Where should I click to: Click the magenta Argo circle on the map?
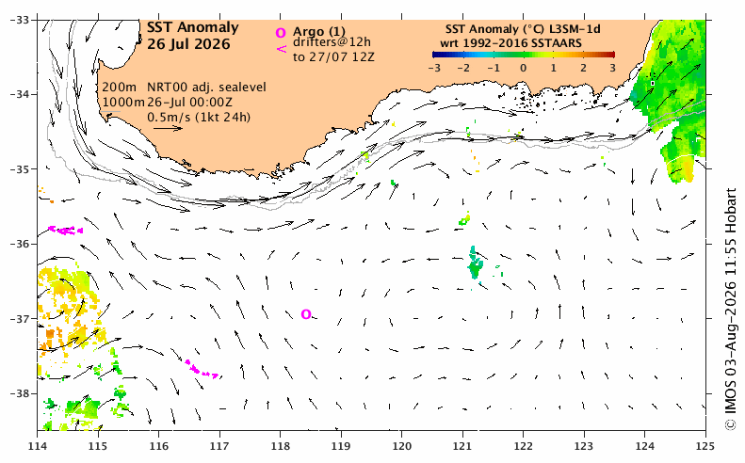[x=306, y=314]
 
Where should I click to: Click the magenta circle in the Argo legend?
[x=281, y=33]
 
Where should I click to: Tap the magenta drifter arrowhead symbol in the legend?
[x=282, y=48]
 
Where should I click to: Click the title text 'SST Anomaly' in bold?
[x=192, y=28]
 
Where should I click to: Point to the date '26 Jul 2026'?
[x=188, y=44]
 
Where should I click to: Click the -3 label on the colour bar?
[x=434, y=68]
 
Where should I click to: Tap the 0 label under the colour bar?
[x=523, y=68]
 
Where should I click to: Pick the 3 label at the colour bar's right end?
[x=612, y=68]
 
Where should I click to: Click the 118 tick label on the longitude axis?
[x=281, y=446]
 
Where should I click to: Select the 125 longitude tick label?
[x=705, y=446]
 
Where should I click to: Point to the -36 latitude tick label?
[x=20, y=244]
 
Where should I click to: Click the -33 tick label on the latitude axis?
[x=20, y=20]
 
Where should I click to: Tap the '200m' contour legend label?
[x=120, y=88]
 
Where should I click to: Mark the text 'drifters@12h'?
[x=332, y=42]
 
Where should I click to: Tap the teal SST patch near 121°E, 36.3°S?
[x=475, y=264]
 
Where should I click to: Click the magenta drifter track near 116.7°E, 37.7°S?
[x=202, y=369]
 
